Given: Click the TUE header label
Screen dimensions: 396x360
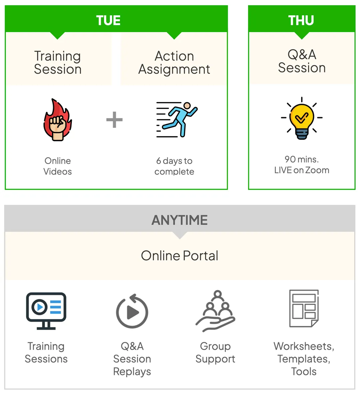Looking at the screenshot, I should point(108,20).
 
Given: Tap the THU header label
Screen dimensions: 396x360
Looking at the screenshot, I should point(301,20).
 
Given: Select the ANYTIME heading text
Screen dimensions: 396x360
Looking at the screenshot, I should point(180,220).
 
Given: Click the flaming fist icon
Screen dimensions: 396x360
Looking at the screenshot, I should point(57,120).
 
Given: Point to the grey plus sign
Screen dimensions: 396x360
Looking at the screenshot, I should point(114,120).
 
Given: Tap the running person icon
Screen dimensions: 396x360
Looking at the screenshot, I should point(177,120).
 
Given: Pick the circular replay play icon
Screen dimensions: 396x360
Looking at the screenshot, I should point(132,311).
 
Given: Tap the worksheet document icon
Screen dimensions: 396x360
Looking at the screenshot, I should point(304,308).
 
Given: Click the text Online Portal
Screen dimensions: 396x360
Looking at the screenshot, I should point(180,256).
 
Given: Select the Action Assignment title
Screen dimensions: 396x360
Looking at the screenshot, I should point(174,63).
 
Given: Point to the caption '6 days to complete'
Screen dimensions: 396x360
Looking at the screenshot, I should point(174,166).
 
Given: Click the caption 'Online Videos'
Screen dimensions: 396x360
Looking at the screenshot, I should point(58,166).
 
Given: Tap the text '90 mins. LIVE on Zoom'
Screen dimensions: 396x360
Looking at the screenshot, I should point(302,165).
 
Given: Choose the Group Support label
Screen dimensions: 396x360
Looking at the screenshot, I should point(215,352).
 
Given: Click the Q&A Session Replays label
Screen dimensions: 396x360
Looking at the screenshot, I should point(132,359).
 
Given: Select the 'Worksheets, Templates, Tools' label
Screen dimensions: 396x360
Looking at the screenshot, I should point(304,359).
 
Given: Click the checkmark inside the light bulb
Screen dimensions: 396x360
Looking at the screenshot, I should point(301,117).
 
